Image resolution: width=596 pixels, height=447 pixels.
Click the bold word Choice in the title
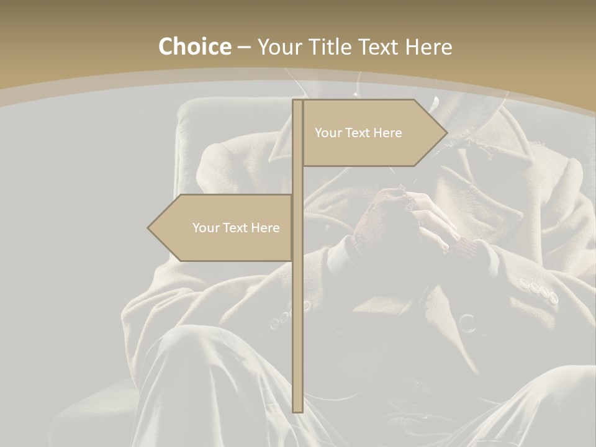pos(194,47)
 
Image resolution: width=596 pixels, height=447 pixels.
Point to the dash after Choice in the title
pos(244,47)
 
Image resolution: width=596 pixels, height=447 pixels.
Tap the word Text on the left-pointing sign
pos(236,228)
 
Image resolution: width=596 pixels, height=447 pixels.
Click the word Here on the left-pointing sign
pos(266,228)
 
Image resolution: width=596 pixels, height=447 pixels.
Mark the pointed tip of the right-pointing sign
pos(446,132)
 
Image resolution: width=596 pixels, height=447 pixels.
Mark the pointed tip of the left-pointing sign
pos(148,228)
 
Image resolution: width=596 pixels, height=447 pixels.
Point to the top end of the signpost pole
pos(297,102)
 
